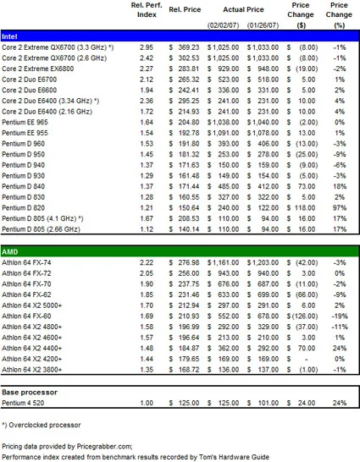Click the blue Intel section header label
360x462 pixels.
pyautogui.click(x=9, y=36)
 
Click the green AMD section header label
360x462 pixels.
pyautogui.click(x=9, y=252)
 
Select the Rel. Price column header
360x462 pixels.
pyautogui.click(x=185, y=9)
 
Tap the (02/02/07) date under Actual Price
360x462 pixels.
pyautogui.click(x=223, y=25)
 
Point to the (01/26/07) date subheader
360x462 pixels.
pyautogui.click(x=263, y=25)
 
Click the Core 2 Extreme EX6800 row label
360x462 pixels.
pyautogui.click(x=38, y=69)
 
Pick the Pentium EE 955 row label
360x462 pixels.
pyautogui.click(x=25, y=133)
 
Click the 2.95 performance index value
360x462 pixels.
pyautogui.click(x=147, y=47)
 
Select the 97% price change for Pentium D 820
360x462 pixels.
pyautogui.click(x=340, y=207)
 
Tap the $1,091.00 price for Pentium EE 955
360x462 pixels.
pyautogui.click(x=223, y=133)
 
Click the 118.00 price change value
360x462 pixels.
pyautogui.click(x=305, y=207)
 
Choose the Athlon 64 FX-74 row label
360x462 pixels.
pyautogui.click(x=26, y=262)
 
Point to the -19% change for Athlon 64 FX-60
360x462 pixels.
pyautogui.click(x=340, y=316)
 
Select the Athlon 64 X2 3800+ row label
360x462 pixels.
pyautogui.click(x=32, y=370)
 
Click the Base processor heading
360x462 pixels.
pyautogui.click(x=30, y=392)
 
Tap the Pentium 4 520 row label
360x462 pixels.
pyautogui.click(x=23, y=403)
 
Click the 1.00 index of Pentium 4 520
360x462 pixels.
pyautogui.click(x=147, y=403)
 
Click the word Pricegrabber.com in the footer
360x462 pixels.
pyautogui.click(x=104, y=447)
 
